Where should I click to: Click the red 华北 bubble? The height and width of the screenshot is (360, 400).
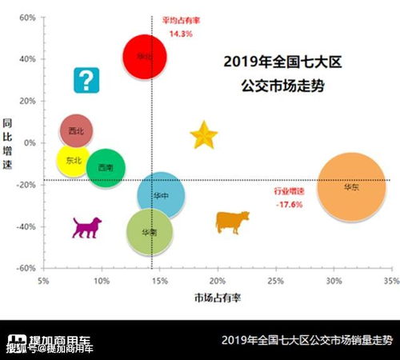(145, 57)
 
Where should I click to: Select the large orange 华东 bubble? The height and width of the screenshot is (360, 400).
(350, 187)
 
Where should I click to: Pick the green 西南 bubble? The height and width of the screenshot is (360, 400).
(106, 168)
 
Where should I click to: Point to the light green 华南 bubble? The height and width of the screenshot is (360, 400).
(150, 232)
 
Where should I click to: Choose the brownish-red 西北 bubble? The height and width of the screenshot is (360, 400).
(77, 130)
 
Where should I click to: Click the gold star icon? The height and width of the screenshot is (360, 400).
(205, 135)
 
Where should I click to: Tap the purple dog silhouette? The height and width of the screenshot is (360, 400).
(86, 226)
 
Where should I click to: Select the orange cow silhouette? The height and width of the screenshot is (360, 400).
(232, 221)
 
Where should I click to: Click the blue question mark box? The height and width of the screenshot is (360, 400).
(86, 80)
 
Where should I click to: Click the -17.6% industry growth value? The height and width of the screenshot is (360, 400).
(289, 205)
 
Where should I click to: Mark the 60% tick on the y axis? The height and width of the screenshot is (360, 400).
(26, 17)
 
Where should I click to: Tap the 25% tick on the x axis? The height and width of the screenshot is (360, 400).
(275, 282)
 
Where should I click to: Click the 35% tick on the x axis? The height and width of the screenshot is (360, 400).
(390, 282)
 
